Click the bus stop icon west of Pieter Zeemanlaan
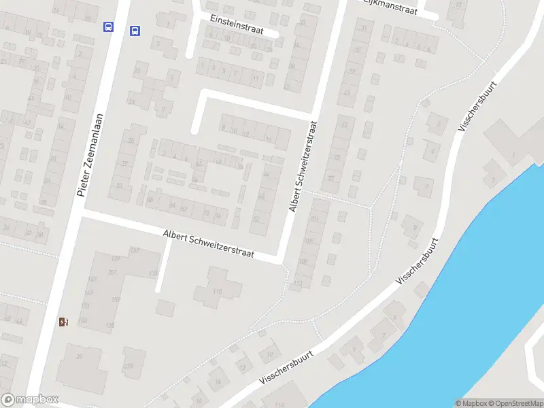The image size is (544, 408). coord(108,27)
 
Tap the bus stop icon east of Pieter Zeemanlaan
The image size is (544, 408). coord(135,30)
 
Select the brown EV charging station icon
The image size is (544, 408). coord(63,322)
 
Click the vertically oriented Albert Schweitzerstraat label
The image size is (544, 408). coord(303,167)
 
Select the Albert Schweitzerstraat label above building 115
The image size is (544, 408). coord(208,243)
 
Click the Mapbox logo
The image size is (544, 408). coord(30,400)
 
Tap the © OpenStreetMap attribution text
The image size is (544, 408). coord(515,403)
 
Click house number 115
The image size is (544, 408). coord(218,292)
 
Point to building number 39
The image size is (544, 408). coord(79,356)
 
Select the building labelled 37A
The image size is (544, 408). coord(129,364)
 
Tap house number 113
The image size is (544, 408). coord(297,284)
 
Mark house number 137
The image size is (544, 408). coord(135,251)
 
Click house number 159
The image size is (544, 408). coord(116,299)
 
